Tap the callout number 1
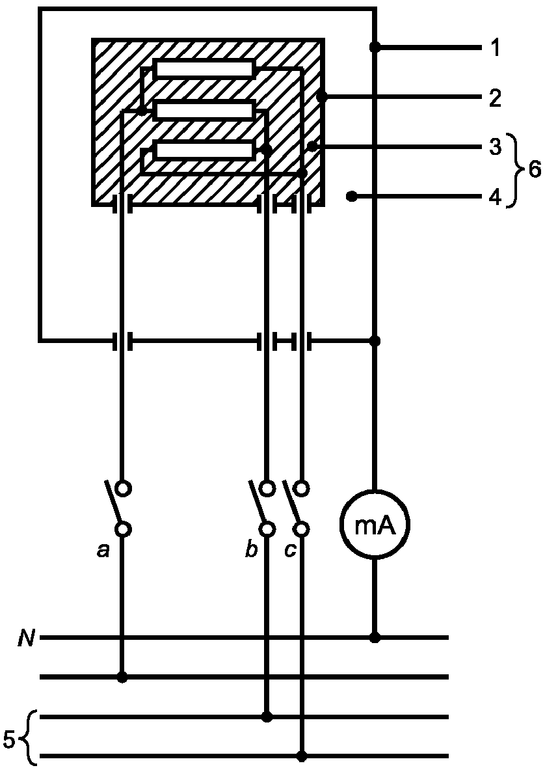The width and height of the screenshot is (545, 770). [x=496, y=49]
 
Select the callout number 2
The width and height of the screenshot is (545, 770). [x=495, y=98]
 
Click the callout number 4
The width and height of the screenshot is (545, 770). [x=495, y=197]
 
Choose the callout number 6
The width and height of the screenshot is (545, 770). [x=534, y=171]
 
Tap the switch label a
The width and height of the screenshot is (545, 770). [x=103, y=551]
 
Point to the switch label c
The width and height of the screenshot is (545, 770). [x=291, y=551]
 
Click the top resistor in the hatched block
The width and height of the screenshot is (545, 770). [x=205, y=69]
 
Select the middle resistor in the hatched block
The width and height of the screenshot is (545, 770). [x=205, y=111]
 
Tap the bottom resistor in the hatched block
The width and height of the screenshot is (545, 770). [x=205, y=150]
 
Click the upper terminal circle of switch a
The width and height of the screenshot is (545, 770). [x=123, y=488]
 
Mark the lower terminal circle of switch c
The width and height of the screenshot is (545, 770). [x=302, y=529]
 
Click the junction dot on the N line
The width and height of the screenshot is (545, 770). [x=375, y=637]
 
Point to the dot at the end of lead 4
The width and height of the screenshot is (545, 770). [x=351, y=197]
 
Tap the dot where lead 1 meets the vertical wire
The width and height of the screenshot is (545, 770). [x=375, y=47]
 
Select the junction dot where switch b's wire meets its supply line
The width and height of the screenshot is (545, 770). [x=267, y=717]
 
